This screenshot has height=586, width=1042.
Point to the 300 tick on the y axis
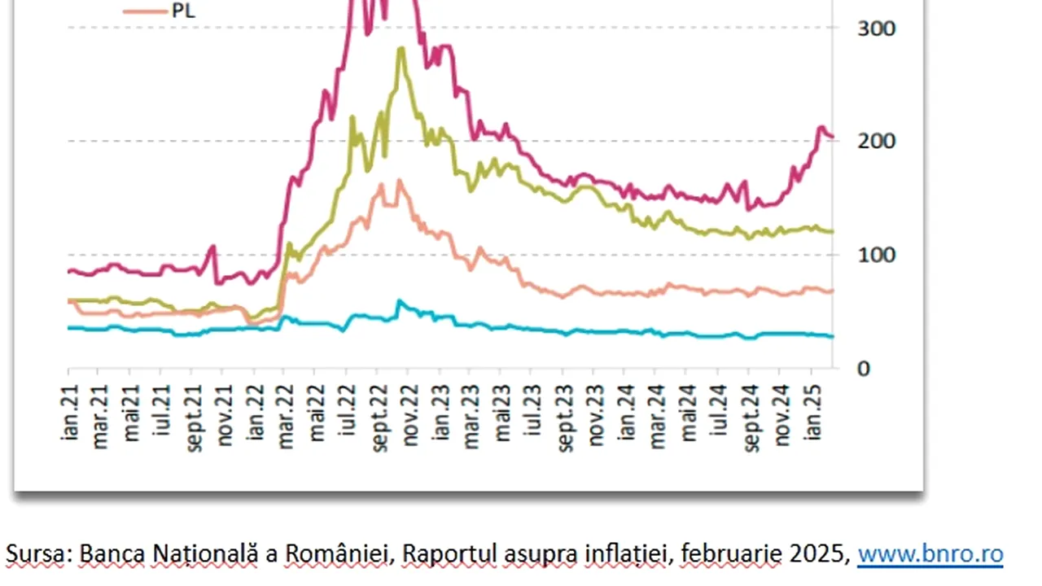(x=876, y=28)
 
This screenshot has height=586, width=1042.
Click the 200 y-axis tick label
(x=876, y=141)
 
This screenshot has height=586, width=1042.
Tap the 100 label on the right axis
(x=876, y=255)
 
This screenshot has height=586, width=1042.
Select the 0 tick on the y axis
(x=863, y=368)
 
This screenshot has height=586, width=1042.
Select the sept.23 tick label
(x=566, y=416)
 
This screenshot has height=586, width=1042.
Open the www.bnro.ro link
(x=930, y=555)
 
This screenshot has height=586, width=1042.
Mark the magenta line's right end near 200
(x=831, y=137)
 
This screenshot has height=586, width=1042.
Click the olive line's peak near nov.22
(x=401, y=49)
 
